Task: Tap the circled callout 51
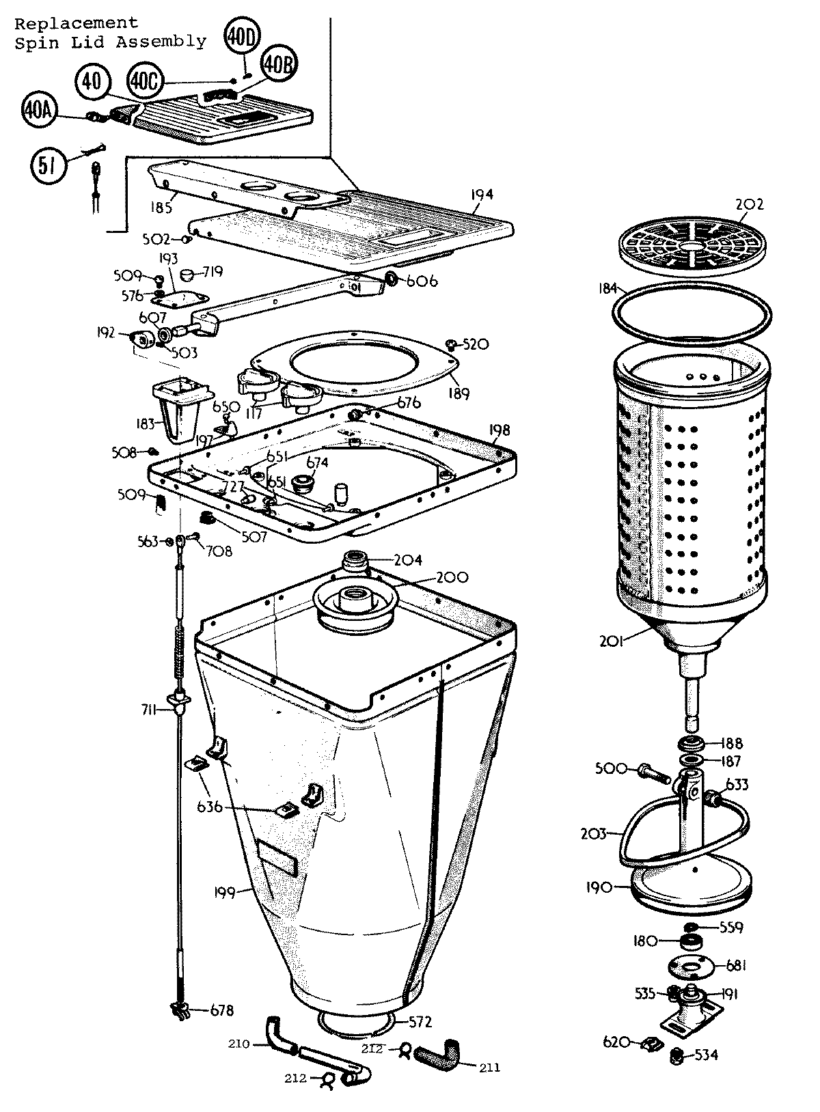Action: click(x=48, y=167)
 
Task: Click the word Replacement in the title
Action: click(x=76, y=24)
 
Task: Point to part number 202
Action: click(x=750, y=204)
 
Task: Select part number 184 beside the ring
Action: click(x=607, y=289)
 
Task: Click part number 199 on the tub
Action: click(x=224, y=892)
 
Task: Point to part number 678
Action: click(x=221, y=1011)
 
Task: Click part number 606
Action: click(x=422, y=281)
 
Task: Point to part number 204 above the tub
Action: click(x=407, y=560)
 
